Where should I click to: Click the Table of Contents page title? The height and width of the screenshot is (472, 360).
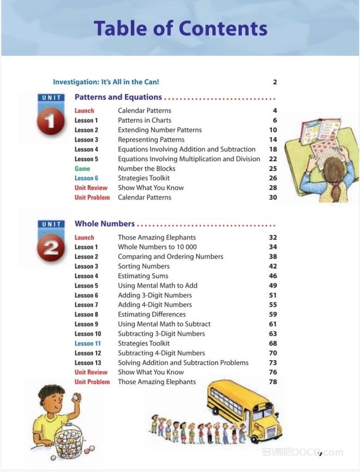pyautogui.click(x=180, y=28)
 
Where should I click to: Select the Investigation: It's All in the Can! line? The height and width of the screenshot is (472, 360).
pyautogui.click(x=106, y=82)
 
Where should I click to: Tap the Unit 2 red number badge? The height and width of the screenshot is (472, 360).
pyautogui.click(x=51, y=249)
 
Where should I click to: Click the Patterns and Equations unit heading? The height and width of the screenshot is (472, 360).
pyautogui.click(x=118, y=98)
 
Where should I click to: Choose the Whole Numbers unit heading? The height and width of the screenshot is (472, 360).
pyautogui.click(x=105, y=224)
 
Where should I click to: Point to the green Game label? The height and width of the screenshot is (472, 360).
pyautogui.click(x=82, y=169)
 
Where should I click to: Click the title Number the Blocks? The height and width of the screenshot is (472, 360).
pyautogui.click(x=147, y=169)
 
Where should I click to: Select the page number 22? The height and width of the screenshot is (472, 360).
pyautogui.click(x=273, y=159)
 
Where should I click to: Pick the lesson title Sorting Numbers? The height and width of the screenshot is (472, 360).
pyautogui.click(x=143, y=267)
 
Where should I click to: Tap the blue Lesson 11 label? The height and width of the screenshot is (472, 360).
pyautogui.click(x=88, y=344)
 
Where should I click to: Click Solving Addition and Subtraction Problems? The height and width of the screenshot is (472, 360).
pyautogui.click(x=183, y=363)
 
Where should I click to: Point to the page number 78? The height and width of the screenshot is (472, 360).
pyautogui.click(x=273, y=382)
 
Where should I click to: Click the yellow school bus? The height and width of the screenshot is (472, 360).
pyautogui.click(x=245, y=409)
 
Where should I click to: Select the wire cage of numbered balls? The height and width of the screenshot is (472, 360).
pyautogui.click(x=74, y=439)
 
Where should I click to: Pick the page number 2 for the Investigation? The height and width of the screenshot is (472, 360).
pyautogui.click(x=275, y=82)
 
